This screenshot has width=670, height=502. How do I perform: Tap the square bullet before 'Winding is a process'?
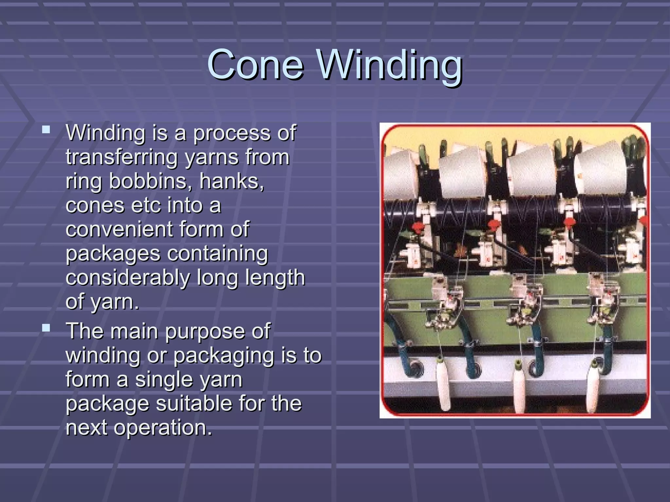46,130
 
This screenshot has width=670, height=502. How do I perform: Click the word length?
275,278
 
